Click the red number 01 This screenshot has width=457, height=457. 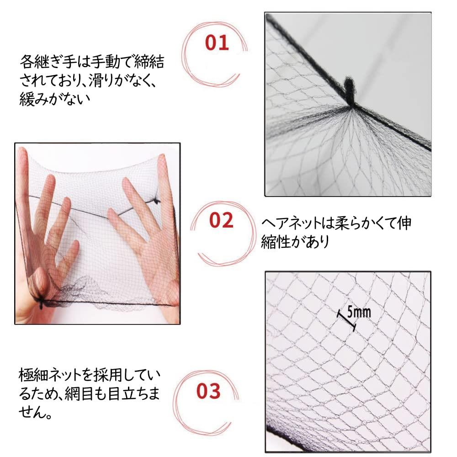point(217,43)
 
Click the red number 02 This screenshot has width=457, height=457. point(221,220)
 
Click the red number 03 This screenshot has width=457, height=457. point(208,391)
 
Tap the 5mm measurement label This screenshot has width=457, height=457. point(359,312)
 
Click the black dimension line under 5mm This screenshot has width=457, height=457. point(346,320)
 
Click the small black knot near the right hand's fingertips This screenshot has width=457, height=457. point(156,201)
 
